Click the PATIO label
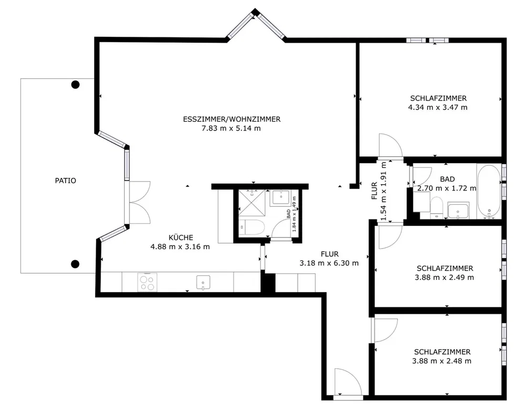(x=65, y=181)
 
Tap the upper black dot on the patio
(x=75, y=85)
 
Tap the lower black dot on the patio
(x=75, y=264)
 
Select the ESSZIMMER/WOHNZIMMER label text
(x=232, y=119)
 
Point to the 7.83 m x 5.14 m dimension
(x=231, y=128)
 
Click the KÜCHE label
(x=181, y=237)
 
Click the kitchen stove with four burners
(x=147, y=282)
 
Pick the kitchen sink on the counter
(x=203, y=283)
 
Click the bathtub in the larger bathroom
(x=489, y=192)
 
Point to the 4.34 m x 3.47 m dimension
(x=438, y=107)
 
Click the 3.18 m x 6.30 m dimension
(x=329, y=263)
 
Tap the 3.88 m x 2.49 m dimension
(x=444, y=277)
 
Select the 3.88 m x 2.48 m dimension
(x=442, y=361)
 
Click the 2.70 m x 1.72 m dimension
(x=447, y=188)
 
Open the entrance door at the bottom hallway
(x=348, y=382)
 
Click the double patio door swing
(x=139, y=203)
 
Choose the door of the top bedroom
(x=390, y=145)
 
